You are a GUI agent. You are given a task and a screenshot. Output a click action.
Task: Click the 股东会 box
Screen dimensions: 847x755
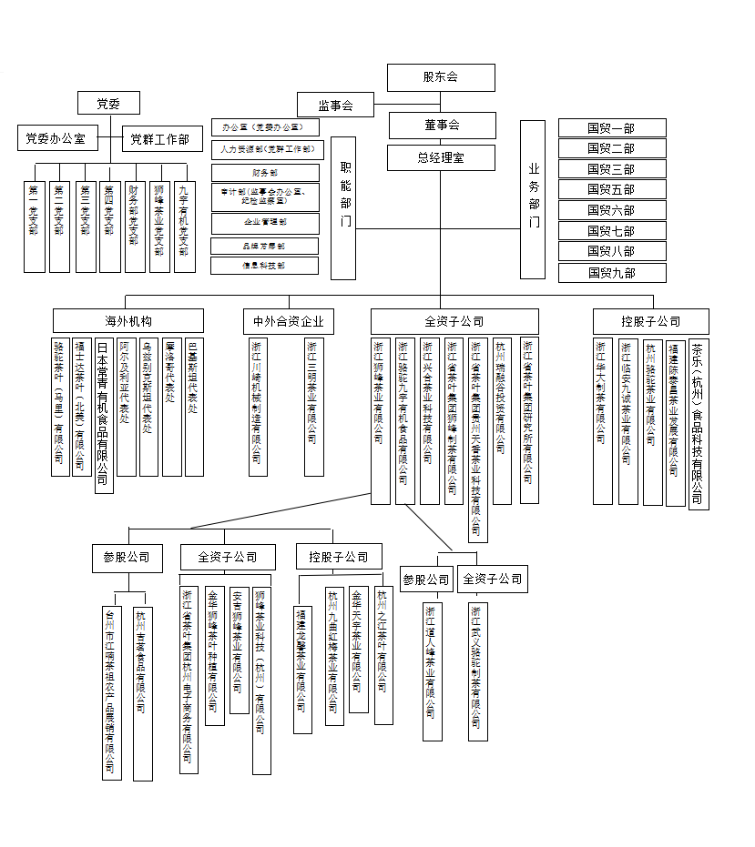pyautogui.click(x=441, y=77)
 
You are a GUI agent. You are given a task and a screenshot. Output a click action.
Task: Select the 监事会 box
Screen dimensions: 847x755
pyautogui.click(x=335, y=105)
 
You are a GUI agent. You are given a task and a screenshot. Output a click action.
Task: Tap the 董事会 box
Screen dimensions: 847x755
pyautogui.click(x=442, y=125)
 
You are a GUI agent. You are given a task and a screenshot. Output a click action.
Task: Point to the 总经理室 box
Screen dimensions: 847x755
pyautogui.click(x=441, y=157)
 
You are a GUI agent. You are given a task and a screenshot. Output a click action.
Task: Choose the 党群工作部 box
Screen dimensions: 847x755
pyautogui.click(x=159, y=138)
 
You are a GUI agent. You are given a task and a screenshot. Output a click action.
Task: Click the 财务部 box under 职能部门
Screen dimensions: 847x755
pyautogui.click(x=265, y=172)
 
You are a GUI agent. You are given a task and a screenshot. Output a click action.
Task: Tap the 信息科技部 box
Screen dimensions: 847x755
pyautogui.click(x=265, y=266)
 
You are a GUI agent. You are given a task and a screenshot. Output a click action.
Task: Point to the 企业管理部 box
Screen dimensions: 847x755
pyautogui.click(x=265, y=222)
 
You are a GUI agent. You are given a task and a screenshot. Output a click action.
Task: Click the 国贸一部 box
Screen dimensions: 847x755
pyautogui.click(x=611, y=127)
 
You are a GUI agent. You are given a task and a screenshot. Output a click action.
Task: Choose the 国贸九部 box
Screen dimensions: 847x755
pyautogui.click(x=611, y=272)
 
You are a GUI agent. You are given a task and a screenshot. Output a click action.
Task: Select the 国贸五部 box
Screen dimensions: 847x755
pyautogui.click(x=611, y=189)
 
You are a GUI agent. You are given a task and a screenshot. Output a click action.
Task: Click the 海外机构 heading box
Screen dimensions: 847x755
pyautogui.click(x=128, y=320)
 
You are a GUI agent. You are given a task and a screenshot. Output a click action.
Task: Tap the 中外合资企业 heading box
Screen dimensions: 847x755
pyautogui.click(x=289, y=321)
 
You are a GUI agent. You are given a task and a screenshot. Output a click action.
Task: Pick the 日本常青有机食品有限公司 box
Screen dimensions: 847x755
pyautogui.click(x=103, y=415)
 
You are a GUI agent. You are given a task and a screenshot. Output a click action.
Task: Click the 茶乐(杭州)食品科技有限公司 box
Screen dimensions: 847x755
pyautogui.click(x=697, y=422)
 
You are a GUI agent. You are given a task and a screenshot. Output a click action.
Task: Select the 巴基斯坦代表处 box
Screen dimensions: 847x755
pyautogui.click(x=193, y=407)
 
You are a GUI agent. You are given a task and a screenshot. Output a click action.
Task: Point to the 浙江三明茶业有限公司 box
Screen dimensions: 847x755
pyautogui.click(x=313, y=407)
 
